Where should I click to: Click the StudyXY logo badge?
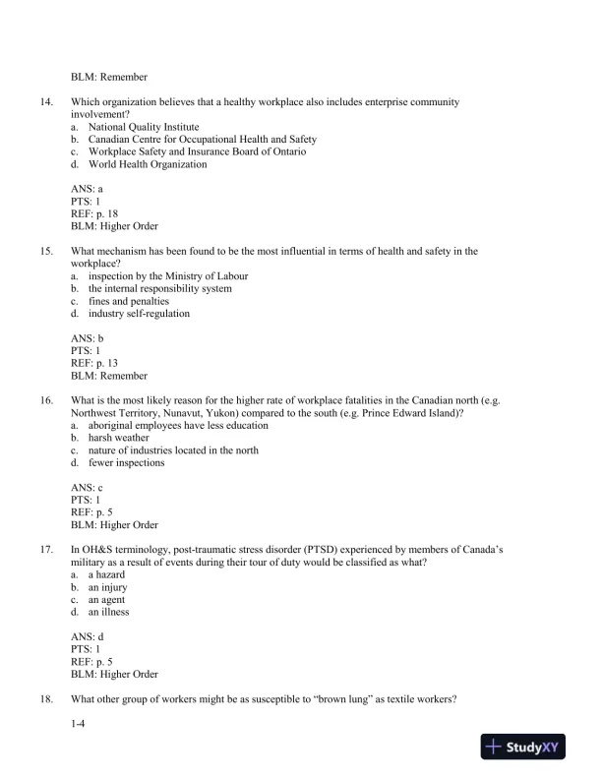coord(529,748)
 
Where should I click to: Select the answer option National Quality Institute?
coord(143,127)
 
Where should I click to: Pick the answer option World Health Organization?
coord(147,164)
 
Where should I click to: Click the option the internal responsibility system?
coord(159,289)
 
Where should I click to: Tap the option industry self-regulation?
coord(139,314)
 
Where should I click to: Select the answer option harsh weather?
coord(121,439)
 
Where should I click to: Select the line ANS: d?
coord(87,637)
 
